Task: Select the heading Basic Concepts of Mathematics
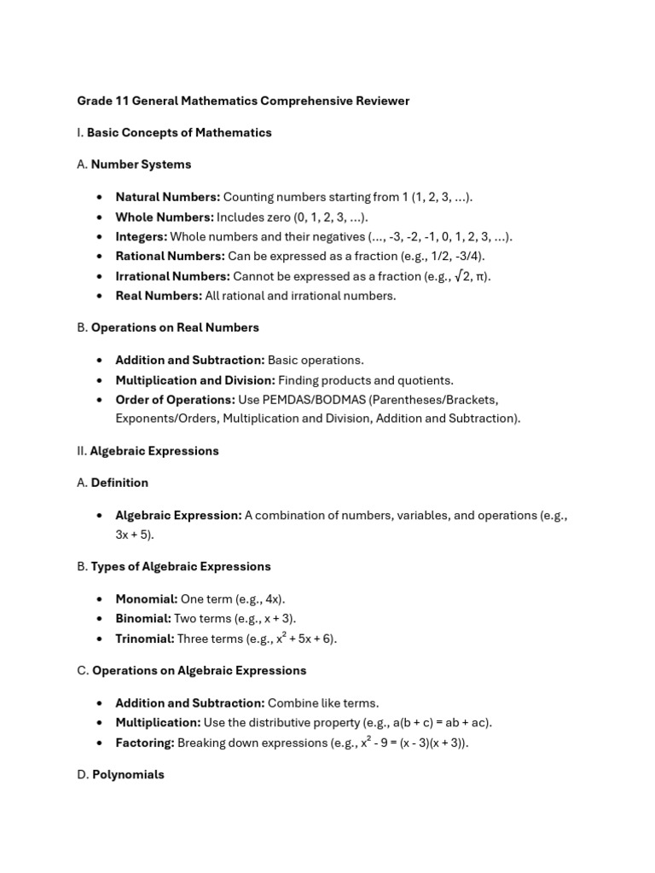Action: pos(179,133)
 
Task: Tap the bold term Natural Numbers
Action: pos(167,197)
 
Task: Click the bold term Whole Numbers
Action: pos(164,217)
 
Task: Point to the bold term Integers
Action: pos(142,237)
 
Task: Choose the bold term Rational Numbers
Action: pos(170,257)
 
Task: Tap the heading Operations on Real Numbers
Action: pos(175,327)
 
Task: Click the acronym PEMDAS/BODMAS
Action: pos(322,399)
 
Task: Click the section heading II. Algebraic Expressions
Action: pos(148,451)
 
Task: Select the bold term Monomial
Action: pos(147,599)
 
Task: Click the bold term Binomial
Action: pos(143,619)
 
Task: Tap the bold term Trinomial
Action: pos(145,639)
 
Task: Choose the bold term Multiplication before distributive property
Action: pos(158,723)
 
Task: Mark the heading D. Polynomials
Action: pos(120,775)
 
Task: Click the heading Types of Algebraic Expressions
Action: pos(181,566)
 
